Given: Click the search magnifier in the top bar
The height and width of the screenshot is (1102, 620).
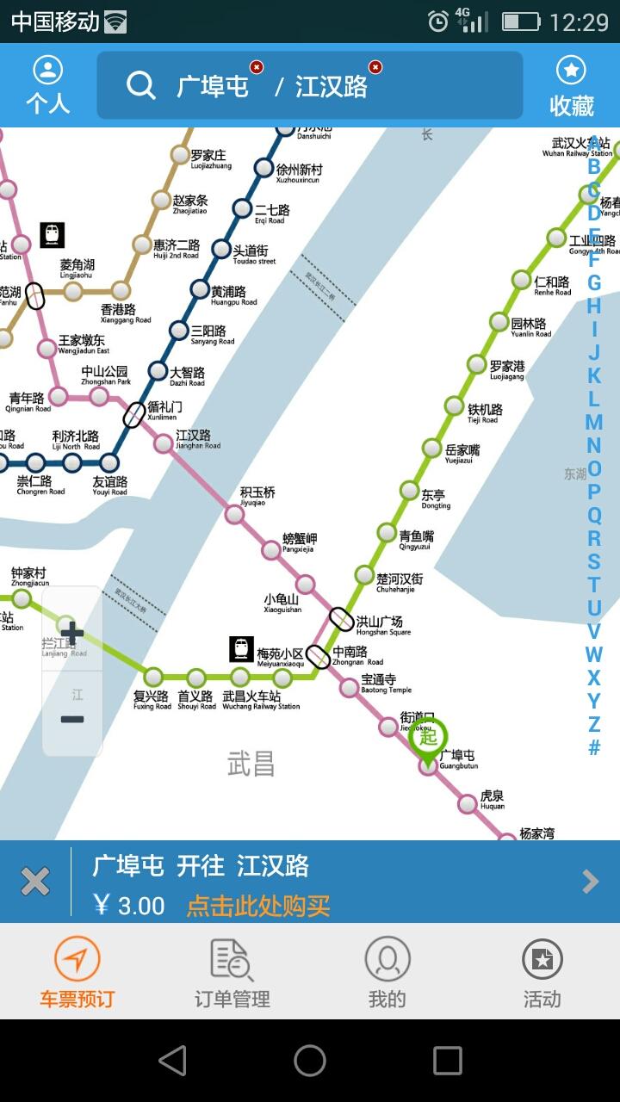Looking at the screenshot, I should (x=140, y=85).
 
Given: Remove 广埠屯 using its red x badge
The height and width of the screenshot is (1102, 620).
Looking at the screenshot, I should (x=257, y=67).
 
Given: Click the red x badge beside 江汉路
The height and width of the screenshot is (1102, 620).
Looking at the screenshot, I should (x=375, y=67).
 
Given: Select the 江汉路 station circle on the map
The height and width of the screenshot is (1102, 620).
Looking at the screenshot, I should (x=163, y=443).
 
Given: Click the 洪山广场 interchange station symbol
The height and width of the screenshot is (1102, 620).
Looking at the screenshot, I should (x=341, y=619).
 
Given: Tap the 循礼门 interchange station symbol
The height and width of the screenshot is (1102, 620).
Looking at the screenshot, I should (x=134, y=415).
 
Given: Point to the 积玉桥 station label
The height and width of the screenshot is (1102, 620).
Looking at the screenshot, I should (x=257, y=493).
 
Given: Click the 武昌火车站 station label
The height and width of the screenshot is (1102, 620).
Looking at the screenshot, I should (x=252, y=696).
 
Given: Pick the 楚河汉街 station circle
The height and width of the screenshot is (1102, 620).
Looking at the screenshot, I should (x=364, y=575).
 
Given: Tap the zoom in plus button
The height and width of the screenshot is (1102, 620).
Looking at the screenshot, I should (x=72, y=633).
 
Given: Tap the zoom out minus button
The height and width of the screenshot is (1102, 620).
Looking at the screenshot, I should (x=72, y=719).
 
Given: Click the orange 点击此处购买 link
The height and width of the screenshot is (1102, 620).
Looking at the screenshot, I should (x=258, y=906).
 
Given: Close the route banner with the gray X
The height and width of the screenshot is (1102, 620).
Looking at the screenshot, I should (x=35, y=882).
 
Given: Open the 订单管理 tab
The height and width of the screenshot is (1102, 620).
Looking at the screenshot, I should (x=232, y=973).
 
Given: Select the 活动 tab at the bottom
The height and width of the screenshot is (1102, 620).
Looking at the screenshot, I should (x=542, y=973).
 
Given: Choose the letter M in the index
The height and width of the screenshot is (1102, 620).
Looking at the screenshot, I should (x=593, y=422).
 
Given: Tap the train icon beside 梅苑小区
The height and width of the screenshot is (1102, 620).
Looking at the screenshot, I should (x=242, y=649).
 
